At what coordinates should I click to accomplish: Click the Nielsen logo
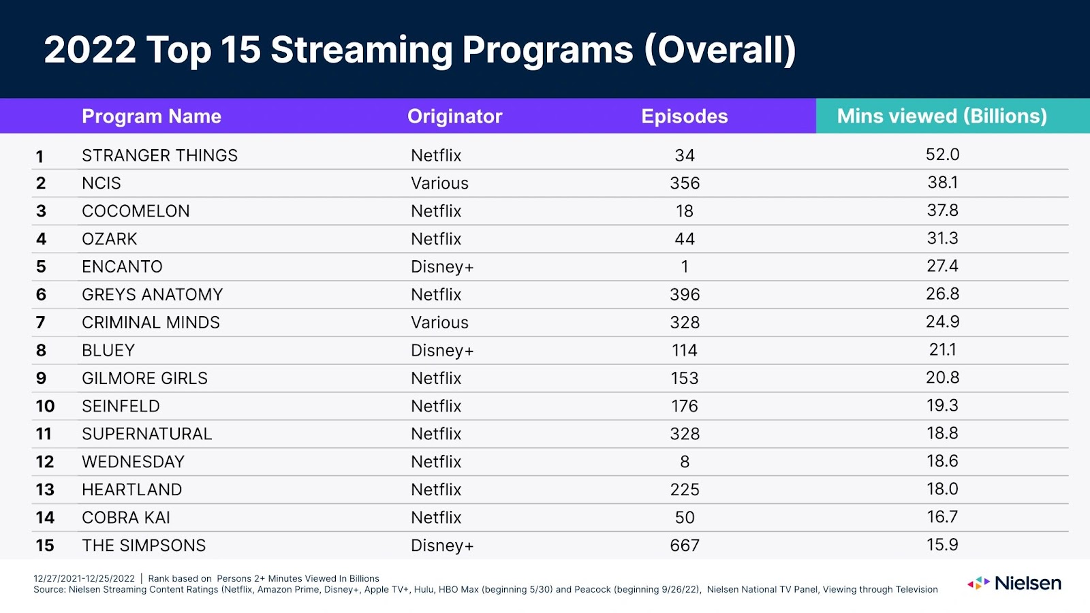1014,583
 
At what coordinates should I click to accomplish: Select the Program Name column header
151,116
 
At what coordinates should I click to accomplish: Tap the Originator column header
454,116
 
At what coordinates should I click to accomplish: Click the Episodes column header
684,116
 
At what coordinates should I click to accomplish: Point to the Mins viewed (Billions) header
941,116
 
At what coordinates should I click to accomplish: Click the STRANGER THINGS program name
159,155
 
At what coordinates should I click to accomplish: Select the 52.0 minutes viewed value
942,155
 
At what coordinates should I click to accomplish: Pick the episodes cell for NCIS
684,183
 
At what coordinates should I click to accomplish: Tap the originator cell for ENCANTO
441,267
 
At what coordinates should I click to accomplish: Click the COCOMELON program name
136,211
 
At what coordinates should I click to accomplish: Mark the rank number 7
41,323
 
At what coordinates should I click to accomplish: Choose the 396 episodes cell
684,295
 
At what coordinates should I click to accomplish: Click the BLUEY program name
108,351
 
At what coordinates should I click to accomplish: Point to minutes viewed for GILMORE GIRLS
942,377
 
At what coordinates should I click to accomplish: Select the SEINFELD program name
121,407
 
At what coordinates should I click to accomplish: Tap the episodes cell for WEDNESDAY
684,462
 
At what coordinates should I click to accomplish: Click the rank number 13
45,490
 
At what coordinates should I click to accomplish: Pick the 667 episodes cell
684,546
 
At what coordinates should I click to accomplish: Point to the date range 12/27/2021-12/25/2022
84,579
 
